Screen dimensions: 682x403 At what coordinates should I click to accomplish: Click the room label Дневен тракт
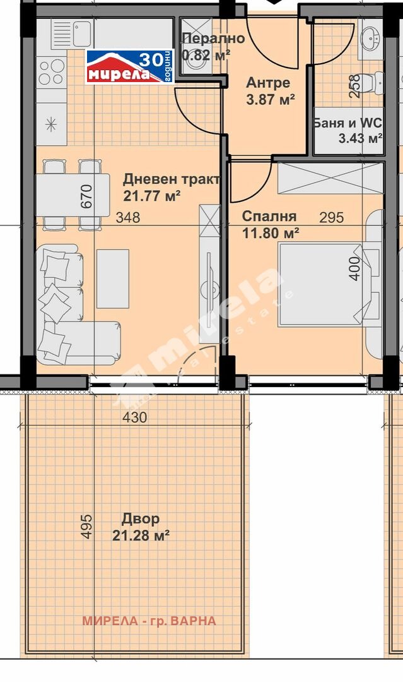pos(172,179)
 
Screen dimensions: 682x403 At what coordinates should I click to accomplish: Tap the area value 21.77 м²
pos(154,196)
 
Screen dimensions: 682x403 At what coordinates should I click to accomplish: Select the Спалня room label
pos(269,217)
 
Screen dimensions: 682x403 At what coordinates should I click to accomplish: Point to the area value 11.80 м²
pos(271,233)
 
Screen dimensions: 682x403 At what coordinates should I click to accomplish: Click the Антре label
pos(268,83)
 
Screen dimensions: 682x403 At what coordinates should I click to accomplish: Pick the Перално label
pos(213,39)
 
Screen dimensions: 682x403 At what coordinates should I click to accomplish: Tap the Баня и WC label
pos(348,123)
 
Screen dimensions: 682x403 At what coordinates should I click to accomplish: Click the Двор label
pos(140,519)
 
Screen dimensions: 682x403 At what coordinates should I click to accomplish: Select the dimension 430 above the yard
pos(134,417)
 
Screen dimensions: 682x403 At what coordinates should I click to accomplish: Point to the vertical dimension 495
pos(87,526)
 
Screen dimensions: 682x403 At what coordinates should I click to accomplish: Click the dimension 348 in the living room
pos(128,218)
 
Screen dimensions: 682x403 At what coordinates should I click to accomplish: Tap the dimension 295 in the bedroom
pos(331,218)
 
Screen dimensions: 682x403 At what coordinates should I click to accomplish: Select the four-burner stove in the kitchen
pos(52,71)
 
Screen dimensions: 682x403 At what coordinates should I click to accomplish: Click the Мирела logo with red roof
pos(129,67)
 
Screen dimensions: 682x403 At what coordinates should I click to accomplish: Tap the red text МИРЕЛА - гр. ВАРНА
pos(149,621)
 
